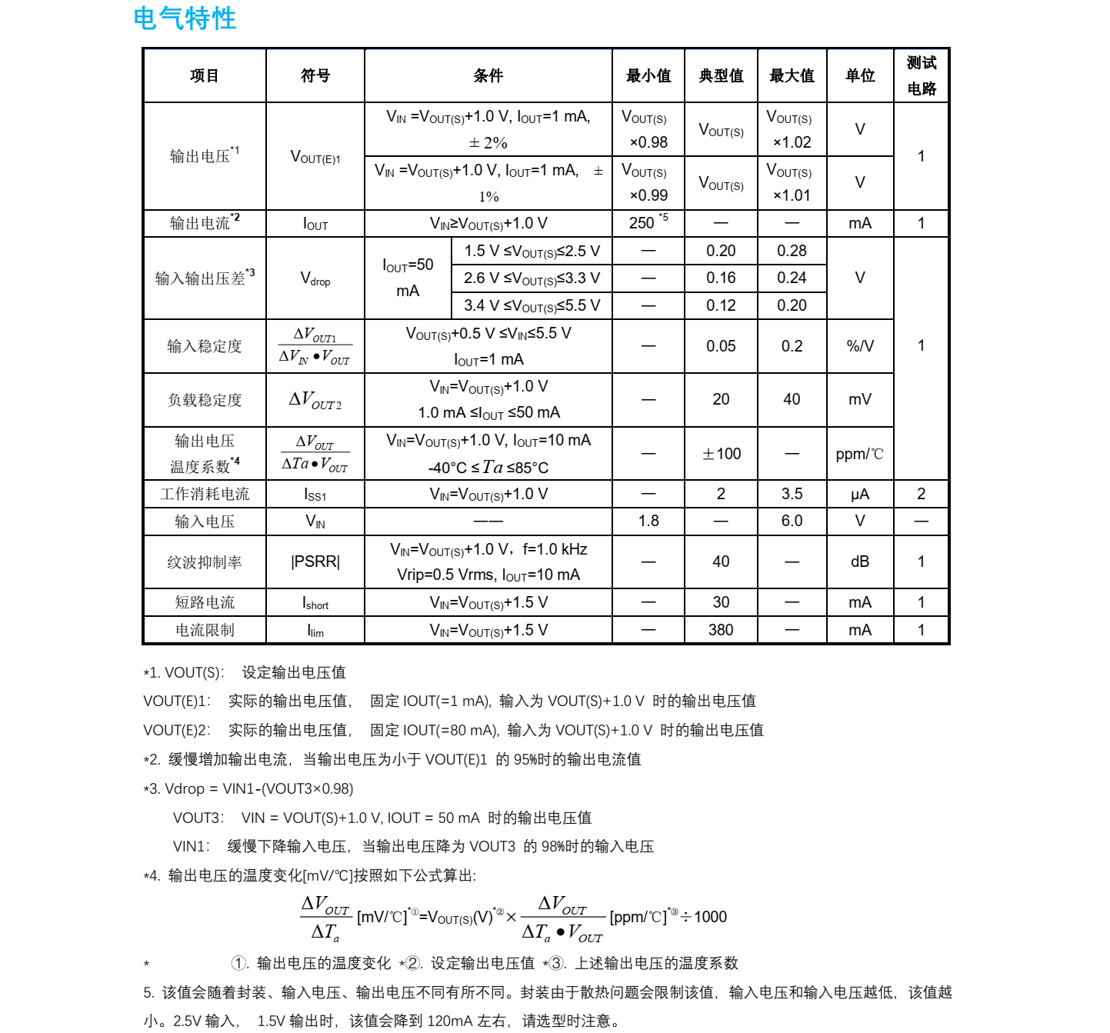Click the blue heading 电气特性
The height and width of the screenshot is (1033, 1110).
tap(185, 18)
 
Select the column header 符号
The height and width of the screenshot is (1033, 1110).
tap(315, 75)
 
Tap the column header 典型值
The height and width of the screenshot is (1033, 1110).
tap(721, 75)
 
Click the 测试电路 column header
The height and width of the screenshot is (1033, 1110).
tap(921, 75)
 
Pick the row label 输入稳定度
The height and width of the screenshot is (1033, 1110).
tap(205, 346)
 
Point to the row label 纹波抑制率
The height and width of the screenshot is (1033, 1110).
tap(205, 562)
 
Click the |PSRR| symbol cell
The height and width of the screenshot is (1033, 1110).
tap(315, 561)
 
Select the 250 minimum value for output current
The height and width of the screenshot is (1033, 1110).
tap(642, 223)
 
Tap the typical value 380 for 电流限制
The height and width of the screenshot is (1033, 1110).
tap(721, 630)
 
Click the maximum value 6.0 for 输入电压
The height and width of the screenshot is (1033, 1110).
tap(792, 521)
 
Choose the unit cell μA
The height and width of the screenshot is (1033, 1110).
tap(860, 494)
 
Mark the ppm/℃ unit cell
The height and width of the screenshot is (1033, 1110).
tap(860, 454)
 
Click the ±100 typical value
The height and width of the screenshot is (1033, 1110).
tap(721, 454)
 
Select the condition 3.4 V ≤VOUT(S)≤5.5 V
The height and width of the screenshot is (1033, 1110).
tap(532, 305)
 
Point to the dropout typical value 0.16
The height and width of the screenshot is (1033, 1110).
tap(721, 278)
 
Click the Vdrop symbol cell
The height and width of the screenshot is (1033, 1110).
tap(315, 278)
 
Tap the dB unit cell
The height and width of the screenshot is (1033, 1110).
tap(860, 561)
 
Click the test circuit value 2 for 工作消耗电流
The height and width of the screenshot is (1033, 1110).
tap(921, 494)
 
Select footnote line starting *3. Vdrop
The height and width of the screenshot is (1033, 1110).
tap(248, 788)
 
